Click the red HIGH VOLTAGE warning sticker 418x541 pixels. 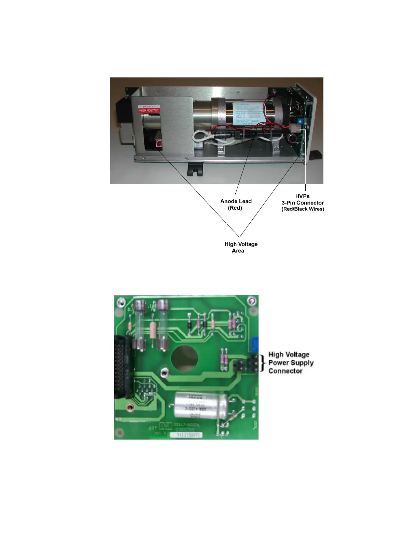point(149,110)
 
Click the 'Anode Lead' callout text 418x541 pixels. point(236,201)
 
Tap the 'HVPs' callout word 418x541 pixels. point(302,196)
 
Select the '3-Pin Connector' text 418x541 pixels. point(303,203)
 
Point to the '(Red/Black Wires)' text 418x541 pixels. point(303,209)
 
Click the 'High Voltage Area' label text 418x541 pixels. point(241,247)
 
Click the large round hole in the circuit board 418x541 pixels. point(184,359)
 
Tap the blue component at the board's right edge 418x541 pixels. point(254,344)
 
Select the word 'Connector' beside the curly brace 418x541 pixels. point(285,371)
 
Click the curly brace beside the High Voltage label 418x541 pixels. point(262,363)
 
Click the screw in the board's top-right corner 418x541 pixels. point(252,301)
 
